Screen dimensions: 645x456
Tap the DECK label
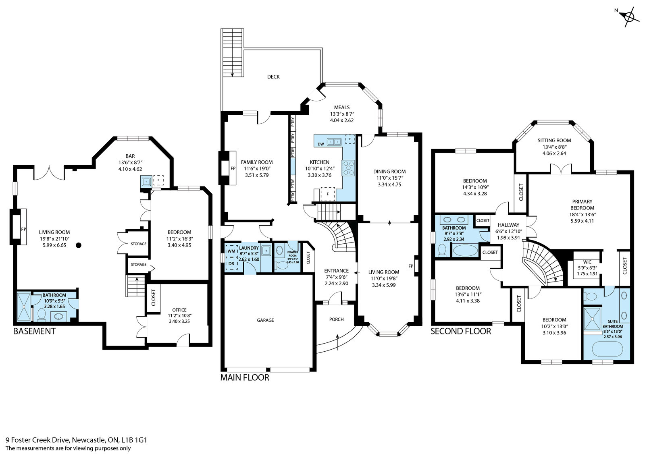[x=273, y=77]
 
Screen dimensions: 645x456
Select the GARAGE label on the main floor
[x=265, y=320]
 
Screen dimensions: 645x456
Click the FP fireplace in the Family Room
[x=232, y=168]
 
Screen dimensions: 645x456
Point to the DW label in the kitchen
[x=321, y=144]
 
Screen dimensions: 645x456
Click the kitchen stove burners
[x=348, y=168]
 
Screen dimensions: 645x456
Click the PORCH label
[x=337, y=319]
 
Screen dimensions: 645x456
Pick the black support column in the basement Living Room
[x=79, y=245]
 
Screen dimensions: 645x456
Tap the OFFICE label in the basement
[x=179, y=310]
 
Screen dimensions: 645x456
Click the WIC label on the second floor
[x=587, y=262]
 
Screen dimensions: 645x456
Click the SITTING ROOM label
[x=554, y=141]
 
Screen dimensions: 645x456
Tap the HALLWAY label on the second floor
[x=509, y=225]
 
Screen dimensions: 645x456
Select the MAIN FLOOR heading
[x=245, y=378]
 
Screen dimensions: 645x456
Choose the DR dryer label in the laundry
[x=231, y=264]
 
